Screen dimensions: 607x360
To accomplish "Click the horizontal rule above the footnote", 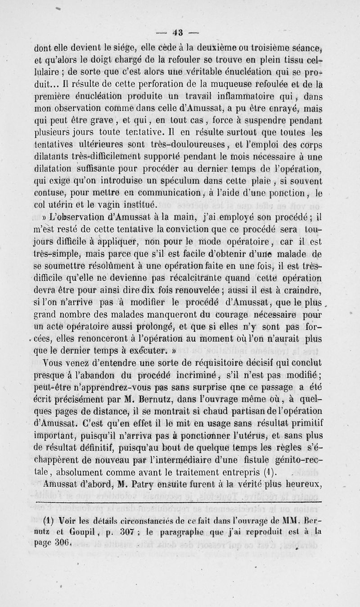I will [180, 501].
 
